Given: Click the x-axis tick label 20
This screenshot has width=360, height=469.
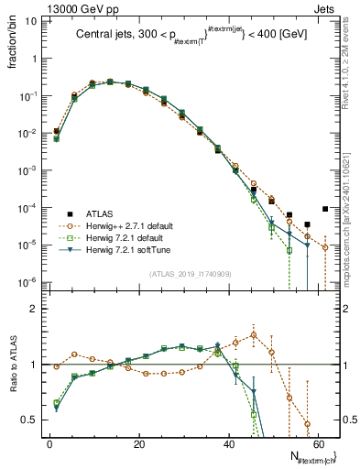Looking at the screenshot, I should pyautogui.click(x=138, y=443).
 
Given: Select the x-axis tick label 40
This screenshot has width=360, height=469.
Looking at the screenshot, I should pyautogui.click(x=228, y=443).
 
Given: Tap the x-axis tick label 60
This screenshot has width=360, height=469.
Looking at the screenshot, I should pyautogui.click(x=317, y=443).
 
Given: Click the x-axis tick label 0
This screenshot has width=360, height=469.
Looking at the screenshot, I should pyautogui.click(x=49, y=443).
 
